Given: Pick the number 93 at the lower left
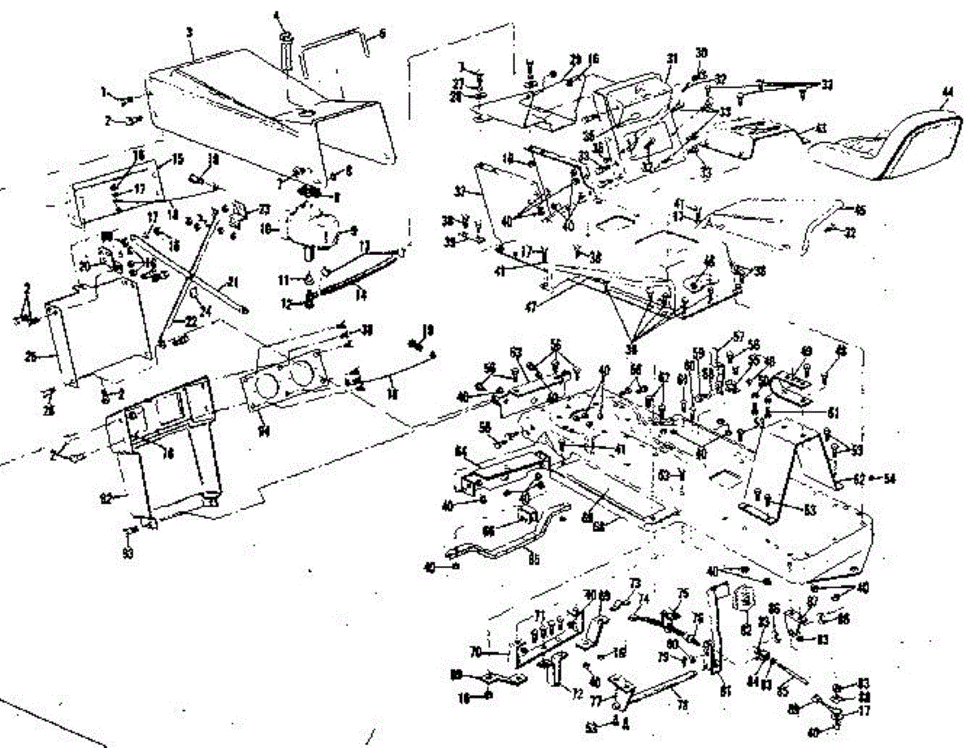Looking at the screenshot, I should click(x=128, y=554).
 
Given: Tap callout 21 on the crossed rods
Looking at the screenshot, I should click(x=234, y=282).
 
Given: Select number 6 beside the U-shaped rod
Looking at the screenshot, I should click(x=383, y=33).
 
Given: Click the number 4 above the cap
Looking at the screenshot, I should click(x=275, y=14).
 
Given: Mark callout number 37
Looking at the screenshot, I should click(x=461, y=192).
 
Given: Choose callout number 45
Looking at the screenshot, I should click(x=860, y=210).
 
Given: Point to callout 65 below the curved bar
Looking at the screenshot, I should click(x=535, y=559).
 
